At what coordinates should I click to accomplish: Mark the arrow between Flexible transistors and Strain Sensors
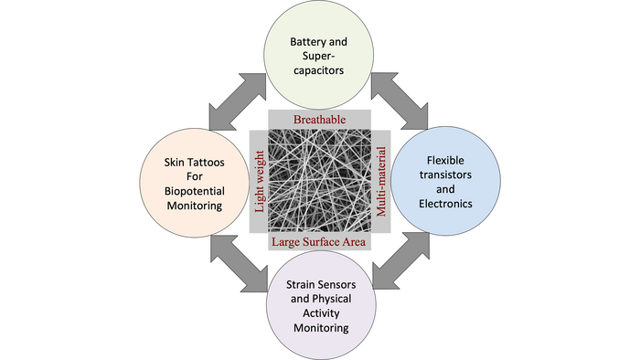[402, 263]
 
